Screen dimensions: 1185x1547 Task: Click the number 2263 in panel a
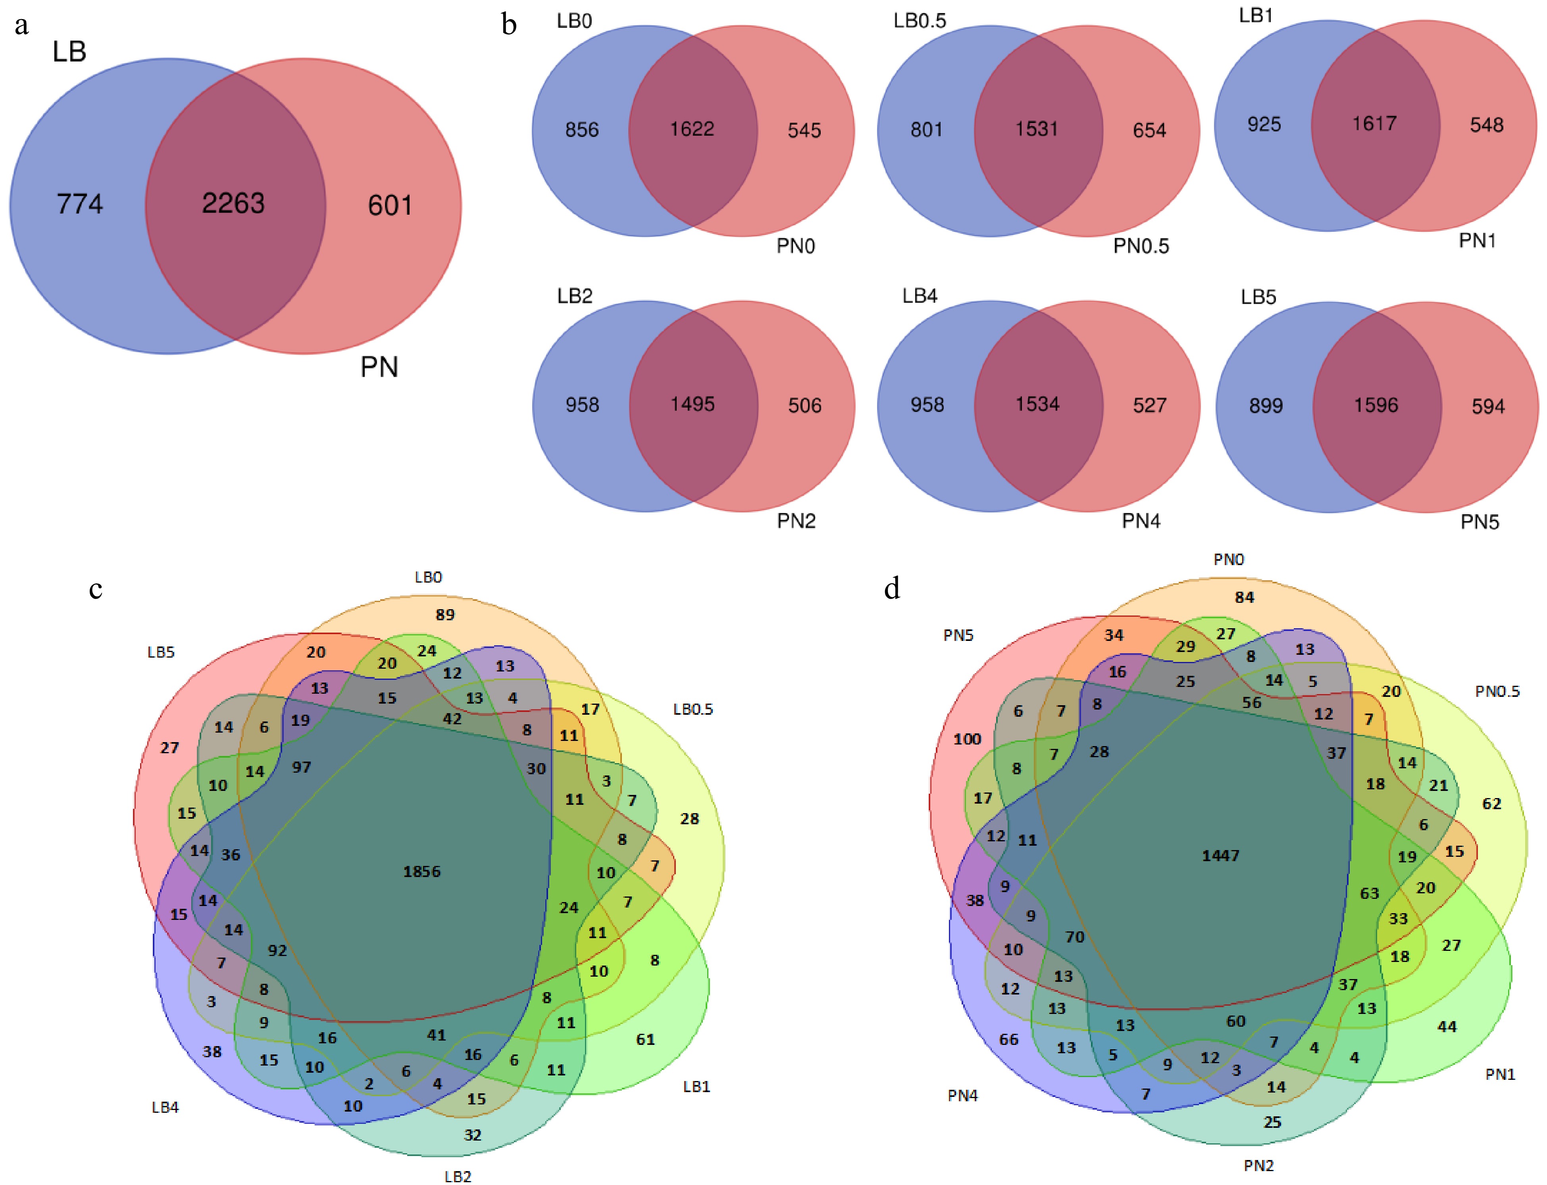233,204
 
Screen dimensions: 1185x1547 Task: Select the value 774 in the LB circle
80,204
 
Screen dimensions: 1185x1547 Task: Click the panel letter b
509,25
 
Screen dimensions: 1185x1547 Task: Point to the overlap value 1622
692,129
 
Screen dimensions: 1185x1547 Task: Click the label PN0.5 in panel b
1141,246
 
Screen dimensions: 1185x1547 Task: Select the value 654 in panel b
1149,131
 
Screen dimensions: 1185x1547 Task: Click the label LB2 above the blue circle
575,296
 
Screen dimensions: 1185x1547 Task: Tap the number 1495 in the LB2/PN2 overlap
692,404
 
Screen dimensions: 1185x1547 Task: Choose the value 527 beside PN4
1149,406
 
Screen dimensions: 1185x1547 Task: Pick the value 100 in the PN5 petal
967,739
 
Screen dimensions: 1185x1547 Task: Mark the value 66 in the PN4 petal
1009,1040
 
